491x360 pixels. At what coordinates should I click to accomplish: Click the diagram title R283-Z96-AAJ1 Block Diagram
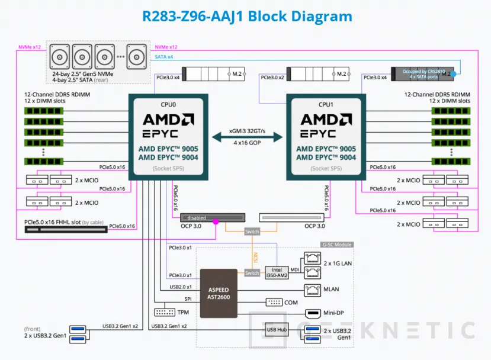point(247,16)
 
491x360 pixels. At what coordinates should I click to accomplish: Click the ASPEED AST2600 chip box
point(219,294)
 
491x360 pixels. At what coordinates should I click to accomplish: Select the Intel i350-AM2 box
point(276,272)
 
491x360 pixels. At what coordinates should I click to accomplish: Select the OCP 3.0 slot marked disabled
point(213,217)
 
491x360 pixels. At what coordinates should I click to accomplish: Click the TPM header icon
point(163,311)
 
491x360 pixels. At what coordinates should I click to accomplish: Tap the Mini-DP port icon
point(312,313)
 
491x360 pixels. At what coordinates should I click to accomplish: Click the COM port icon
point(274,302)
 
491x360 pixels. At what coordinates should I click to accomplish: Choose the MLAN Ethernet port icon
point(312,290)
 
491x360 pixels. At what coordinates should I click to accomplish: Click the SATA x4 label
point(164,56)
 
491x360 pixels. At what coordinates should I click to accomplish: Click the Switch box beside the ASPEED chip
point(252,273)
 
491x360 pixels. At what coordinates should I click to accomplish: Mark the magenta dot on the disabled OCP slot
point(215,222)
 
